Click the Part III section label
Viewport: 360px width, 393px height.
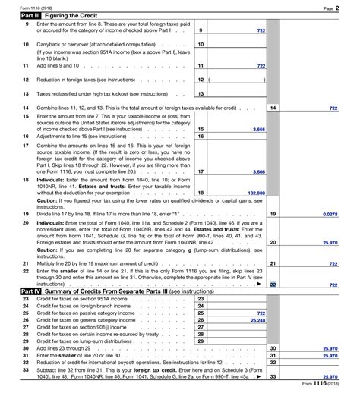(x=31, y=14)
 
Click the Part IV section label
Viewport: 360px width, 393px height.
(x=31, y=291)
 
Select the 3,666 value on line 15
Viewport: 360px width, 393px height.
(x=257, y=130)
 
